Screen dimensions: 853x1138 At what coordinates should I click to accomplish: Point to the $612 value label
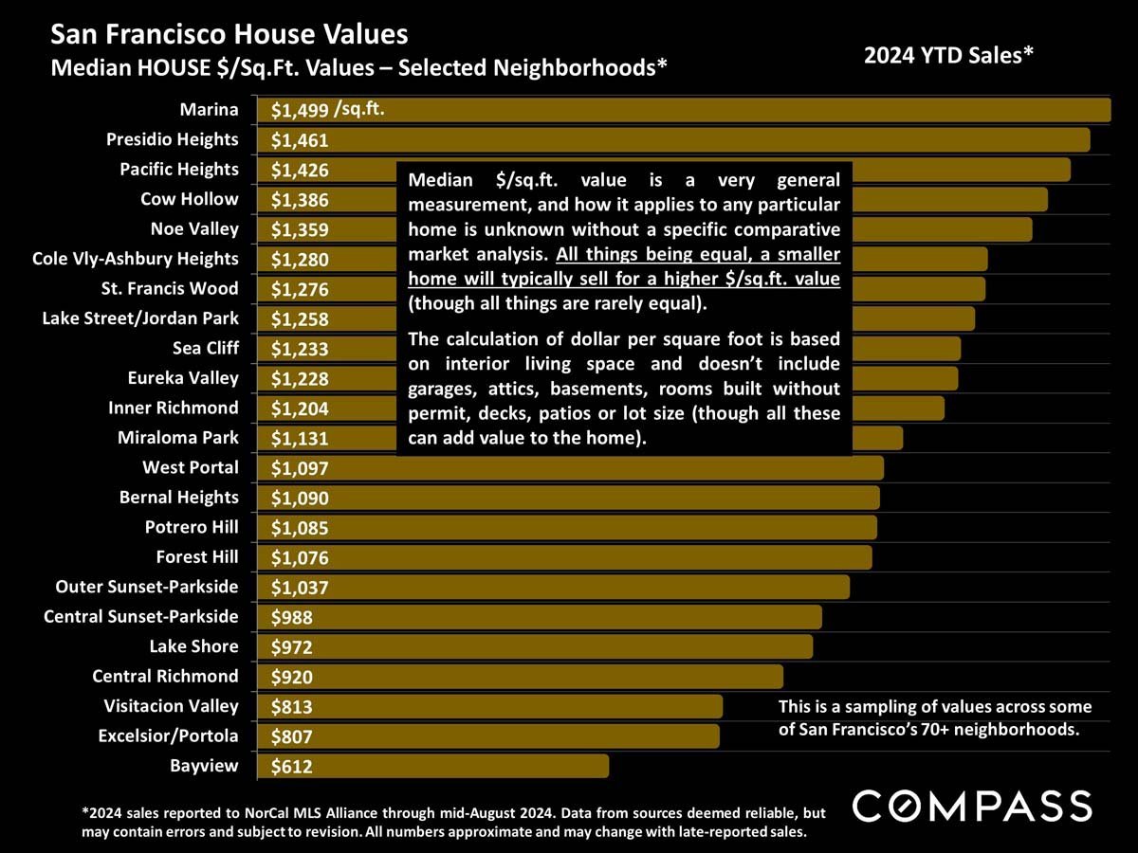click(291, 767)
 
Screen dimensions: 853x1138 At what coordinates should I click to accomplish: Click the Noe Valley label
click(194, 229)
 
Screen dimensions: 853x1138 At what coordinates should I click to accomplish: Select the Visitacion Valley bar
click(512, 706)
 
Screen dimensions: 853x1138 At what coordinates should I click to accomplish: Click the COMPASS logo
click(971, 806)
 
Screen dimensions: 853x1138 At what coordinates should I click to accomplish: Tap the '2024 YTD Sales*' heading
click(947, 56)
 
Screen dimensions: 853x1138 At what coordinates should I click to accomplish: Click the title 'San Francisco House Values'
click(229, 35)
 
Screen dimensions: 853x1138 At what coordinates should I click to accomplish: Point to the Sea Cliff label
click(206, 348)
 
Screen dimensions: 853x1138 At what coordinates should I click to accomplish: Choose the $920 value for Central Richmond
click(291, 677)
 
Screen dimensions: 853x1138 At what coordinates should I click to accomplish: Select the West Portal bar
click(588, 468)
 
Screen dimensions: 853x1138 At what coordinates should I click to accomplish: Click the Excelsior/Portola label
click(168, 735)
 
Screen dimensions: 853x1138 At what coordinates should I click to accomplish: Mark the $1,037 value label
click(300, 588)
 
